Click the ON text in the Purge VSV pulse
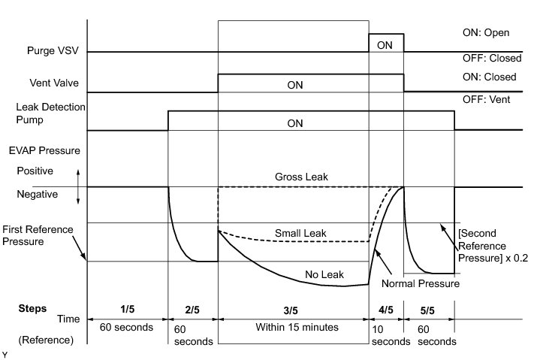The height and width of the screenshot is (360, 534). [385, 45]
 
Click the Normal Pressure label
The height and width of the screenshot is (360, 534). [421, 284]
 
